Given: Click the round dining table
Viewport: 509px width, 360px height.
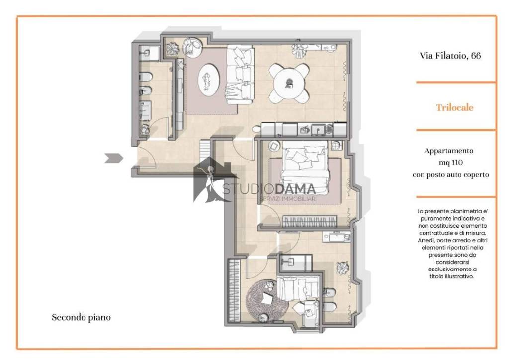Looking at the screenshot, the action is (289, 83).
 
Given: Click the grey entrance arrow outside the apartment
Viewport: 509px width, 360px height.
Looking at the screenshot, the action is (114, 158).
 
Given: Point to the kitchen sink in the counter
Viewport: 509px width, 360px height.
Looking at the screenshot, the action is (318, 130).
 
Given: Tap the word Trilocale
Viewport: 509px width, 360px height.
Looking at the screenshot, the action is (454, 108).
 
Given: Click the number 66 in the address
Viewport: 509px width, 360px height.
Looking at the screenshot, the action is (476, 56).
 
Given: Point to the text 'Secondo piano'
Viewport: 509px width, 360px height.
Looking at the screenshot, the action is (81, 317).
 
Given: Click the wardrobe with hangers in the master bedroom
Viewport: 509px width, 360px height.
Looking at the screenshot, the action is (310, 222).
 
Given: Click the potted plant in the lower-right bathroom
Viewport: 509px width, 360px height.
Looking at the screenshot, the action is (342, 268).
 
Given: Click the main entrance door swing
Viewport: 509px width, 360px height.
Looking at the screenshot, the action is (147, 158).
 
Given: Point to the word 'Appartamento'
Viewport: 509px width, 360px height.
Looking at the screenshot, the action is (449, 151).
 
